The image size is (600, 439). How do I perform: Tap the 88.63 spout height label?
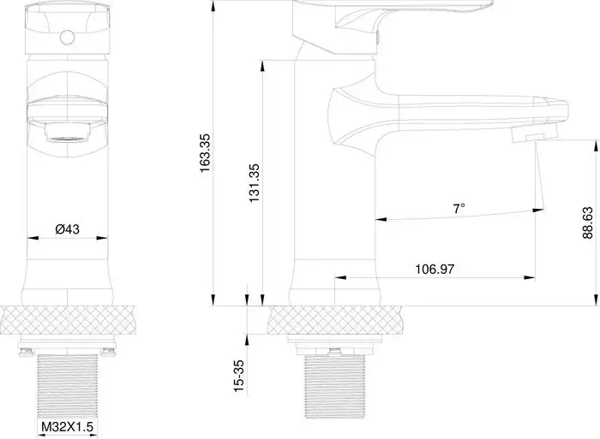tap(585, 224)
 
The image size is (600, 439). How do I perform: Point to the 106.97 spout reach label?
tap(434, 269)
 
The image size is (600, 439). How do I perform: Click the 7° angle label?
tap(459, 208)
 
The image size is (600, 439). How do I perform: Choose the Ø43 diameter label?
tap(68, 228)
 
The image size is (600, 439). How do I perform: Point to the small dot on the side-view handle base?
tap(377, 39)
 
